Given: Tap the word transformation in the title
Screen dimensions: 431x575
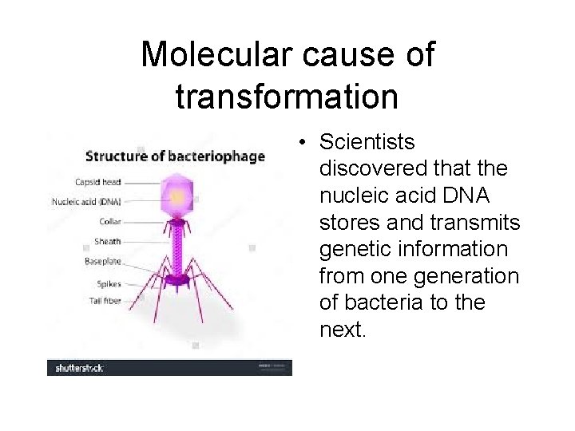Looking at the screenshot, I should (x=287, y=97).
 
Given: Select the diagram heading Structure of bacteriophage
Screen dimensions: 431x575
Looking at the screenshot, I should (x=175, y=156).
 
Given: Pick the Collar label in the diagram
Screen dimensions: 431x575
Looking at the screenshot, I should (x=110, y=222).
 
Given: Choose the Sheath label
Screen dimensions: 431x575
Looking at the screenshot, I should (x=108, y=241).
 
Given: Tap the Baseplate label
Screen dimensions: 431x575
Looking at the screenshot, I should (x=103, y=261).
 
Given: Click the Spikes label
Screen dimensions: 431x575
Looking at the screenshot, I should (x=109, y=283).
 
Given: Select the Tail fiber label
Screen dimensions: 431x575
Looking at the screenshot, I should (x=105, y=301).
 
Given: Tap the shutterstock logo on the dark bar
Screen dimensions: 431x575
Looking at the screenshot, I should (x=79, y=368).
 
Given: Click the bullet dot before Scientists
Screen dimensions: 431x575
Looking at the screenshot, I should (x=304, y=143).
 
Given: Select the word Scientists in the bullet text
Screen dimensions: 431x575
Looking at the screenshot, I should (x=367, y=142).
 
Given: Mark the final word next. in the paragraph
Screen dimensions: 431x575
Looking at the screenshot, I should (x=343, y=330).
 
